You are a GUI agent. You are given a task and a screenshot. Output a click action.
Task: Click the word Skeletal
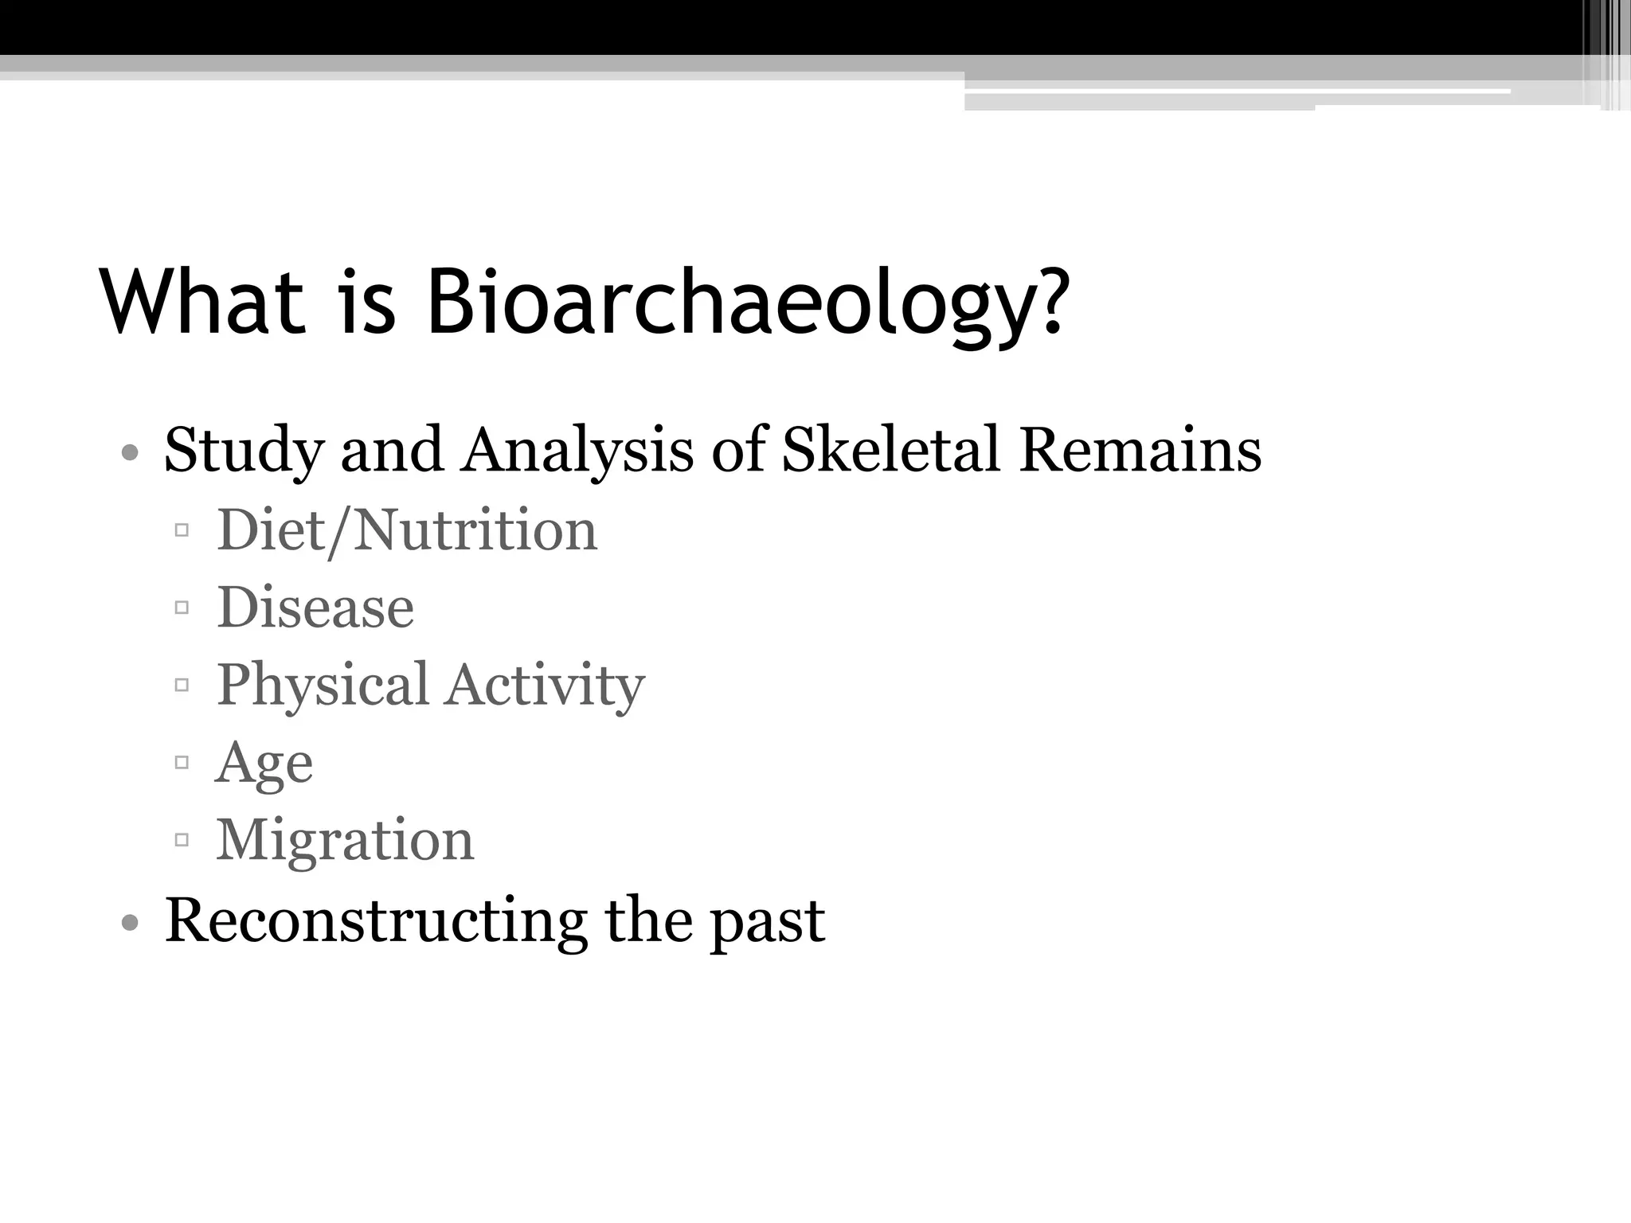click(890, 450)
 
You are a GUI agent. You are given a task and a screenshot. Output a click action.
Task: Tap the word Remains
click(1140, 450)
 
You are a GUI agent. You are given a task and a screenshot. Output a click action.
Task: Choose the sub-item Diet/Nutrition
click(406, 530)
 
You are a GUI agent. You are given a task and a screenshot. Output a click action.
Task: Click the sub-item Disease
click(315, 608)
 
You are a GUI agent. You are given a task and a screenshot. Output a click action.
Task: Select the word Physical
click(323, 686)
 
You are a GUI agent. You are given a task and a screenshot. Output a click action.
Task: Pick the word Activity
click(545, 686)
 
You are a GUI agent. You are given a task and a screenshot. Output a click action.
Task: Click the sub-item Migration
click(345, 841)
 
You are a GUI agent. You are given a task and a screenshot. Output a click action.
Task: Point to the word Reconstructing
click(375, 921)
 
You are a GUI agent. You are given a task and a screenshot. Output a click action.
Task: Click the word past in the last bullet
click(766, 924)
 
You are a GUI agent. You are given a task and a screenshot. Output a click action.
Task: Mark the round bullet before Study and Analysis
click(131, 455)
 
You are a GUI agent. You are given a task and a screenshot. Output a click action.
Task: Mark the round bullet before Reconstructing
click(131, 924)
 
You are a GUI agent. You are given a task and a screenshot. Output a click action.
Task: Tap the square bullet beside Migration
click(182, 839)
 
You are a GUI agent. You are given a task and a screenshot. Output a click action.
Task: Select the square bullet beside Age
click(182, 762)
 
